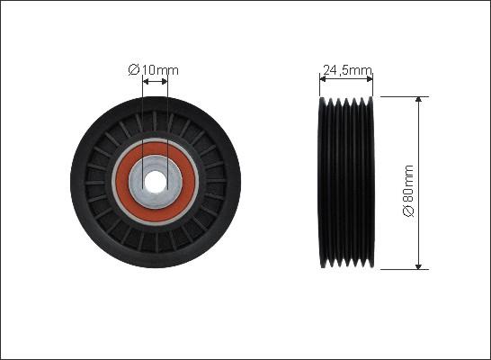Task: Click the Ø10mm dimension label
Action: pos(153,70)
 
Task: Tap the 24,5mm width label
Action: pos(347,70)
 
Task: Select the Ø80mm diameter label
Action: pos(408,191)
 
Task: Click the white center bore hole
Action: pos(156,182)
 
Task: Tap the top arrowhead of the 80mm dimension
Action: pos(418,100)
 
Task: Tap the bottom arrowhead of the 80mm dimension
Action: pos(418,266)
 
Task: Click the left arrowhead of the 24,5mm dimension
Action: pos(323,79)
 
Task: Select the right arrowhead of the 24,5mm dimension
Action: pos(370,79)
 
